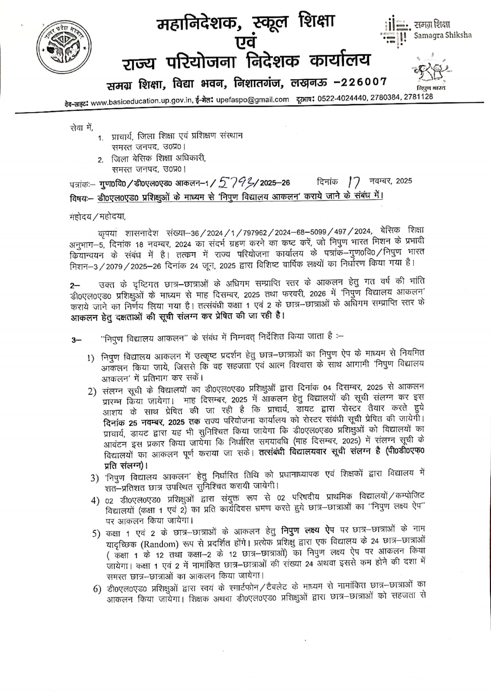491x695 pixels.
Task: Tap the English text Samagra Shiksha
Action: click(x=443, y=35)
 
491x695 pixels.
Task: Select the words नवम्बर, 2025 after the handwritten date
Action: click(x=390, y=181)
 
